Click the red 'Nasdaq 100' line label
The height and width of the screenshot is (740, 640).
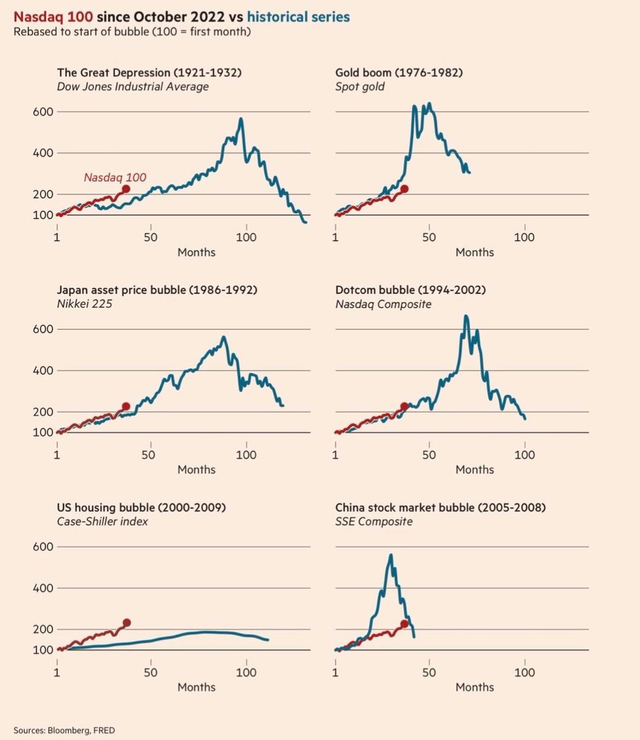(115, 178)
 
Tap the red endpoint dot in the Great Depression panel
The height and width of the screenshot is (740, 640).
(126, 189)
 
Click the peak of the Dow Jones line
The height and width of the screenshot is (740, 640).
(240, 118)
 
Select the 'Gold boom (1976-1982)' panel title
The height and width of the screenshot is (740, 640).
(399, 73)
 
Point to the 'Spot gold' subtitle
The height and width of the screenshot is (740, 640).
(359, 87)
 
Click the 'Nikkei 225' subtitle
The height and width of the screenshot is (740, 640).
(84, 304)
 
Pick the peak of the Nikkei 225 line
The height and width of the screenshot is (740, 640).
(223, 337)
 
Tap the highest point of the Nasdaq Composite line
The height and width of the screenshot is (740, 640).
(466, 316)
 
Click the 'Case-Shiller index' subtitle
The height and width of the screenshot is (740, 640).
(102, 522)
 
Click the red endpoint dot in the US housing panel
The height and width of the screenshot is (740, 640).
(127, 623)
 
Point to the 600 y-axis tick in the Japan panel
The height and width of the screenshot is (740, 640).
(40, 329)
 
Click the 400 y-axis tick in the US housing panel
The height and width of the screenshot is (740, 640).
(40, 588)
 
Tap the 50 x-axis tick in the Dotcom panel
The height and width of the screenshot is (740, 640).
(429, 455)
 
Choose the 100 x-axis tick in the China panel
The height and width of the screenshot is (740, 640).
(525, 673)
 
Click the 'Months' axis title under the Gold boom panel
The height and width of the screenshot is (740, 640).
(475, 252)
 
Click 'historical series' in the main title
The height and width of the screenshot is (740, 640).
(298, 17)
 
